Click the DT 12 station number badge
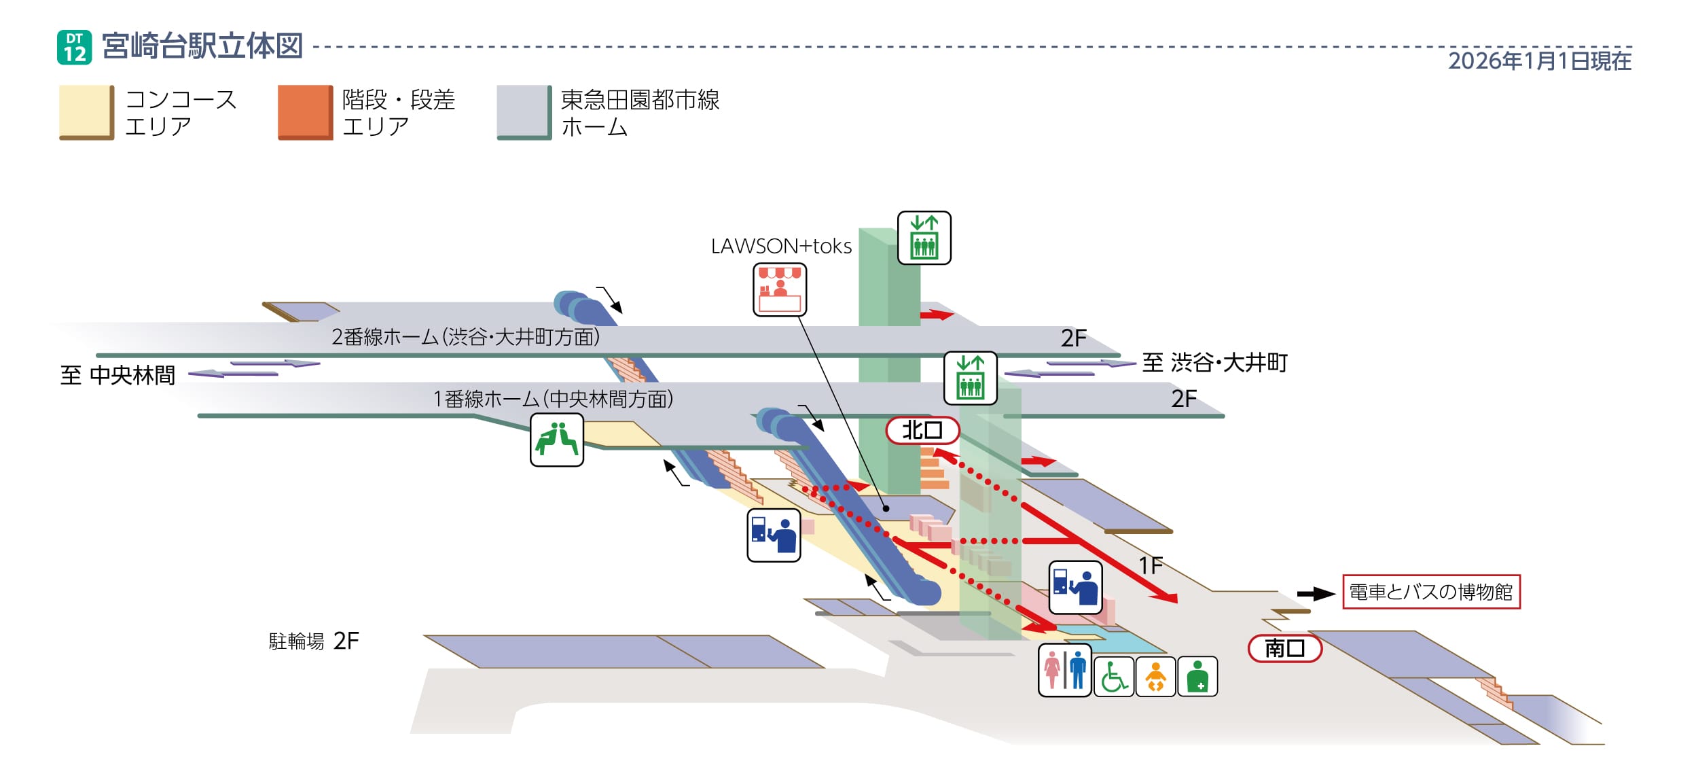[74, 48]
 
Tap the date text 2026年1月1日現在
[1539, 61]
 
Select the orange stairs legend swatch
[305, 112]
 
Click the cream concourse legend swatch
[86, 112]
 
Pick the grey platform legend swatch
[524, 112]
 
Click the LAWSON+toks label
[781, 247]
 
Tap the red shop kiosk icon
[779, 290]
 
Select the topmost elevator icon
[924, 238]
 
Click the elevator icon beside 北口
[970, 378]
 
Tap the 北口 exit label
[922, 430]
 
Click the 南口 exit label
[1284, 648]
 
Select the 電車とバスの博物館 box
[1430, 592]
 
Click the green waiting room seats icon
[556, 440]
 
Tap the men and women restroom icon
[1064, 671]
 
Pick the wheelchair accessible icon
[1113, 677]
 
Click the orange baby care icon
[1155, 677]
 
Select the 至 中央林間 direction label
[118, 375]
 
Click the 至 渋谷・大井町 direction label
[1214, 363]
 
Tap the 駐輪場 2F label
[314, 641]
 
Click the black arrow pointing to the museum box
[1316, 594]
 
